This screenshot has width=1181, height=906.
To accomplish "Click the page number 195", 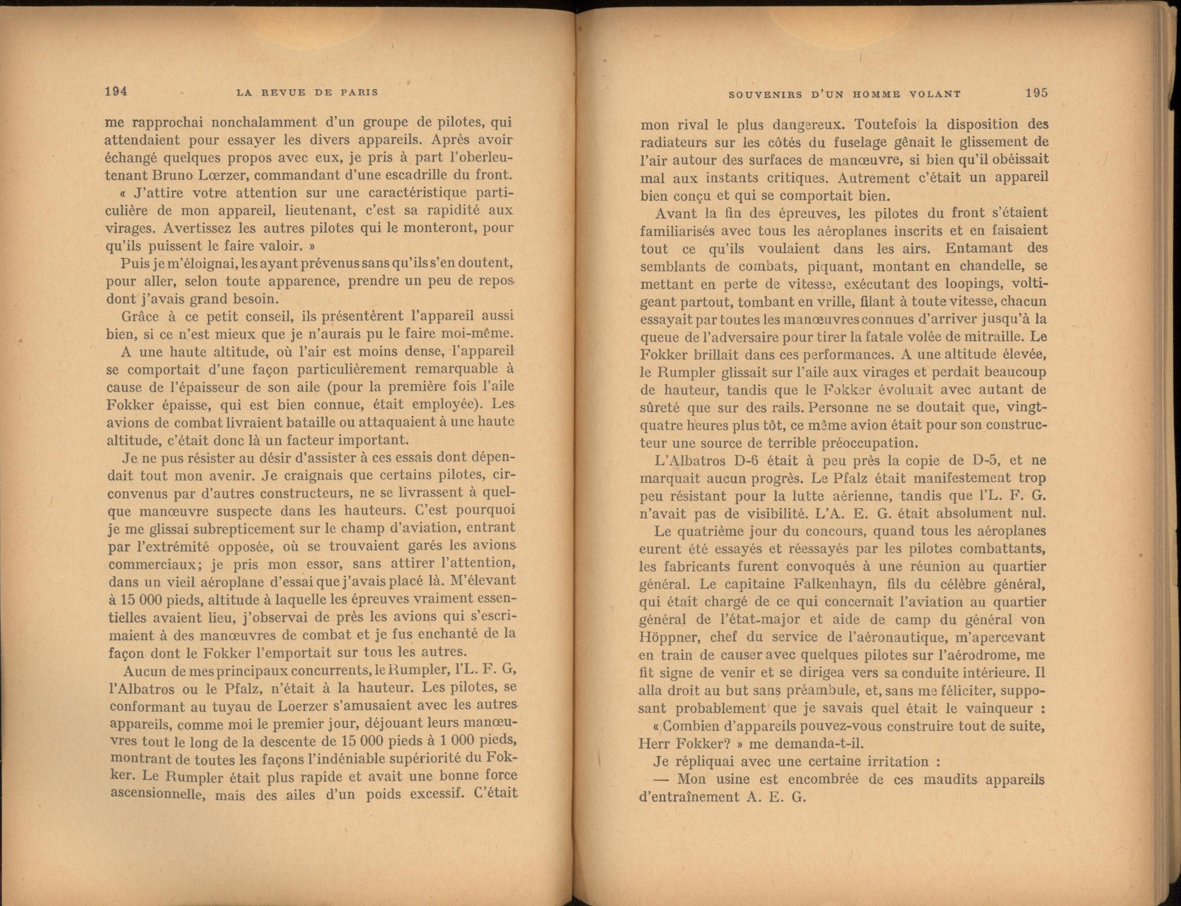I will [x=1036, y=92].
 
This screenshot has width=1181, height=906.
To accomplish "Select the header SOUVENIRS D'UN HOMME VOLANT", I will [x=844, y=94].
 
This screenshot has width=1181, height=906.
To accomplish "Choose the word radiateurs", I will [x=675, y=143].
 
